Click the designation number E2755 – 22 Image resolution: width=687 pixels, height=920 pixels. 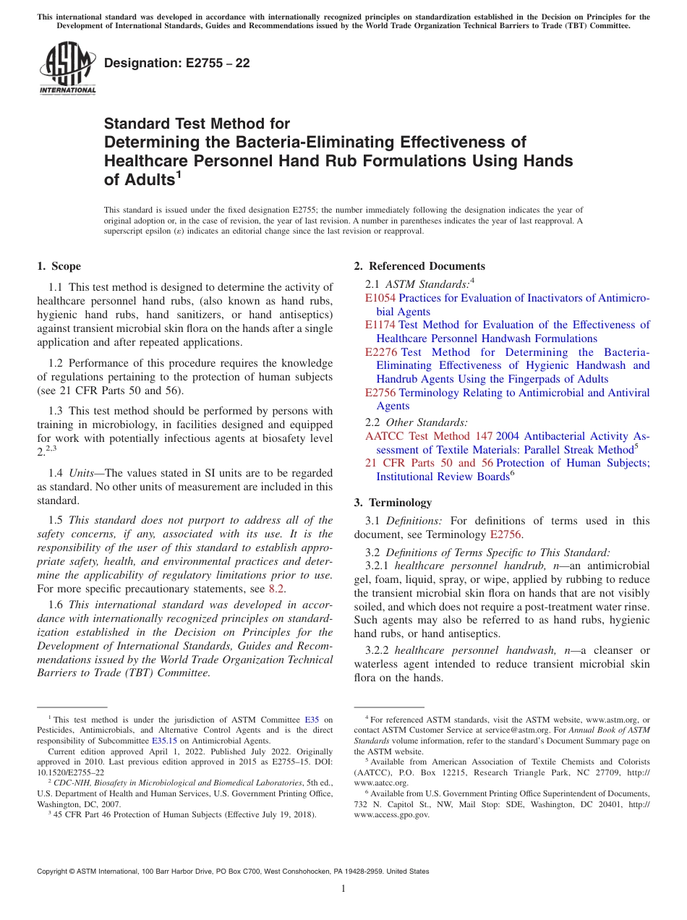[177, 63]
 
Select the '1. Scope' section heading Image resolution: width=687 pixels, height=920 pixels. [59, 266]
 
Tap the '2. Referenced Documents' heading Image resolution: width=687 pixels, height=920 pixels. [419, 266]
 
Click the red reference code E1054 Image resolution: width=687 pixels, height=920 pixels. [380, 298]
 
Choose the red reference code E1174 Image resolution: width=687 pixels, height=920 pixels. [380, 325]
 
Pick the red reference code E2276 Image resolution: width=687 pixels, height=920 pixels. [380, 352]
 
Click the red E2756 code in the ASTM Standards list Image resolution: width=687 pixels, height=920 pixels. [380, 393]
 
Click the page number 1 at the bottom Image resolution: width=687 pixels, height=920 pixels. [343, 888]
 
